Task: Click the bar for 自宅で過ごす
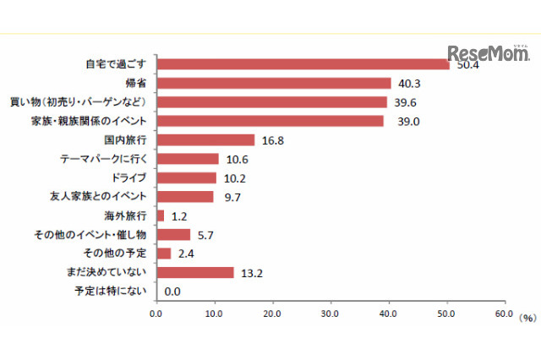click(x=303, y=64)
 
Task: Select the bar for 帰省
click(x=274, y=83)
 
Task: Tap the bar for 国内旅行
click(x=205, y=139)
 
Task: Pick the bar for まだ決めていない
click(x=194, y=272)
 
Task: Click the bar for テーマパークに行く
click(x=188, y=159)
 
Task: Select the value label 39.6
click(x=405, y=102)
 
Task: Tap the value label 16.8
click(x=272, y=140)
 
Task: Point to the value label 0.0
click(x=172, y=292)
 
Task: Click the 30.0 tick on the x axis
click(x=331, y=314)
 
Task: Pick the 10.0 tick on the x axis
click(x=215, y=314)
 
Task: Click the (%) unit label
click(x=527, y=318)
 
